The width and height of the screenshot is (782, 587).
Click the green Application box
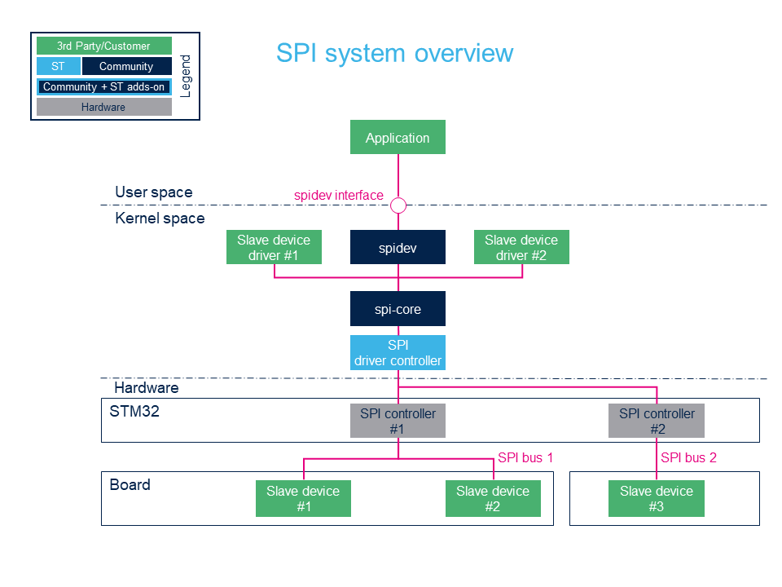[x=398, y=137]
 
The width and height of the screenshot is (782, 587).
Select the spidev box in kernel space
[x=398, y=247]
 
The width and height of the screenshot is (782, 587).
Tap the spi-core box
[x=398, y=308]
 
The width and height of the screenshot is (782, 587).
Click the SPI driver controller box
[x=398, y=352]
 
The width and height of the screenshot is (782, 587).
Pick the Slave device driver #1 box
[x=274, y=247]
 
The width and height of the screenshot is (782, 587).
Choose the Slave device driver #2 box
[x=521, y=247]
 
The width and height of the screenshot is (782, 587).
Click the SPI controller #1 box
[x=398, y=421]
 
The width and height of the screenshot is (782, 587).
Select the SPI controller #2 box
[x=657, y=421]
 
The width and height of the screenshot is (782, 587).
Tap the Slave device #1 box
[x=303, y=498]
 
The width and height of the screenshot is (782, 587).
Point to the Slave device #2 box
[x=493, y=498]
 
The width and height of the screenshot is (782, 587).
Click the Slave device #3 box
[x=657, y=498]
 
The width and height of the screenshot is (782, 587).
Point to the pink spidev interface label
[x=339, y=195]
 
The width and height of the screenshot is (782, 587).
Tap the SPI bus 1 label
[x=525, y=457]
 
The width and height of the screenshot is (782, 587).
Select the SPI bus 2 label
[x=688, y=457]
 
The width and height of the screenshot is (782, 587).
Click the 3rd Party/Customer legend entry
[x=103, y=46]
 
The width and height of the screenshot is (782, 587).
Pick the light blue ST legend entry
[x=59, y=66]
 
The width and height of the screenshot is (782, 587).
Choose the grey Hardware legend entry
[x=103, y=107]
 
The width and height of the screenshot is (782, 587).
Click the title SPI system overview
[x=394, y=53]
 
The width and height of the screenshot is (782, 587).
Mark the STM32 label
[x=134, y=411]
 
